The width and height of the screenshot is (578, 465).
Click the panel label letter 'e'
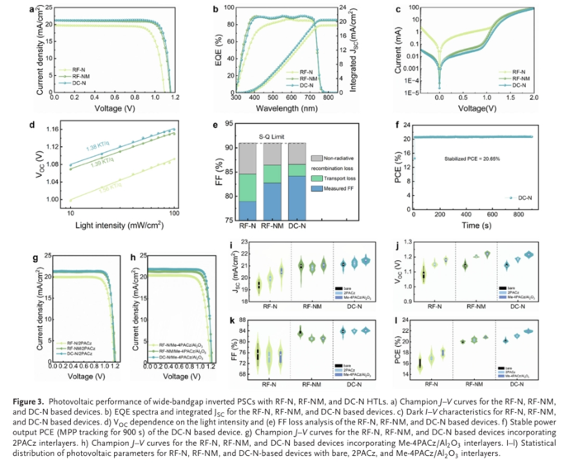(217, 126)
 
